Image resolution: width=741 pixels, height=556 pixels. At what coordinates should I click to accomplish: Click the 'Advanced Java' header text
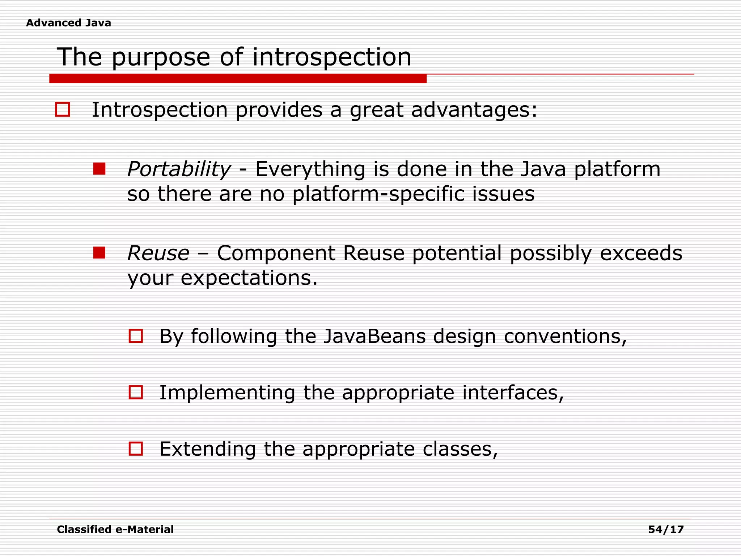pyautogui.click(x=68, y=23)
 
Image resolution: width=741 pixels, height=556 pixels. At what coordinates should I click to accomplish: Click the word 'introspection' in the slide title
pyautogui.click(x=331, y=57)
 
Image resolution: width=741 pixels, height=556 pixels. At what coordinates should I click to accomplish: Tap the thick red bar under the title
pyautogui.click(x=238, y=79)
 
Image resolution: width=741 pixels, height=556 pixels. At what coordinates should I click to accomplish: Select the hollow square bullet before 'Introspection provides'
pyautogui.click(x=62, y=109)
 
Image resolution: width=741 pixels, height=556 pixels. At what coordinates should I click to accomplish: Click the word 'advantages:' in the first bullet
pyautogui.click(x=474, y=110)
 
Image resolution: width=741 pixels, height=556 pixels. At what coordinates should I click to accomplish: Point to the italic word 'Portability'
pyautogui.click(x=179, y=169)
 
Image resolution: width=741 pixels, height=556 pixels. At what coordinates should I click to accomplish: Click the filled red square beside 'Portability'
pyautogui.click(x=99, y=169)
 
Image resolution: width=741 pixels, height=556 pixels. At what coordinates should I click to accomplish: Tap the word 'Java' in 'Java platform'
pyautogui.click(x=543, y=169)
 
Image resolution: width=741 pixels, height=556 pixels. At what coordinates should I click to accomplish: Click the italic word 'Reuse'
pyautogui.click(x=158, y=253)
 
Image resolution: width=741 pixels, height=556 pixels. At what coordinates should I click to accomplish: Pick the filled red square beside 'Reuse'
pyautogui.click(x=99, y=253)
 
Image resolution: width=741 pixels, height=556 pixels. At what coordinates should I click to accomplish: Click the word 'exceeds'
pyautogui.click(x=641, y=253)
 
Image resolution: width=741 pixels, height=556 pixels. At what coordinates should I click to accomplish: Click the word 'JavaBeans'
pyautogui.click(x=374, y=336)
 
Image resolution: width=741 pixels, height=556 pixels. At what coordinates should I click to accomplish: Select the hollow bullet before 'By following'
pyautogui.click(x=136, y=336)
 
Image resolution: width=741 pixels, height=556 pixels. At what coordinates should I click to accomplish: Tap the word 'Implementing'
pyautogui.click(x=227, y=393)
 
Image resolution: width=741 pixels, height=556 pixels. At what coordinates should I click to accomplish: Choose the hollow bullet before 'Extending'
pyautogui.click(x=136, y=448)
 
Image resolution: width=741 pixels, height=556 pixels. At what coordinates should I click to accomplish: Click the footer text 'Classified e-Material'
pyautogui.click(x=115, y=530)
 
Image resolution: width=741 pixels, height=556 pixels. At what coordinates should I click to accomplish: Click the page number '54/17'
pyautogui.click(x=666, y=530)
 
